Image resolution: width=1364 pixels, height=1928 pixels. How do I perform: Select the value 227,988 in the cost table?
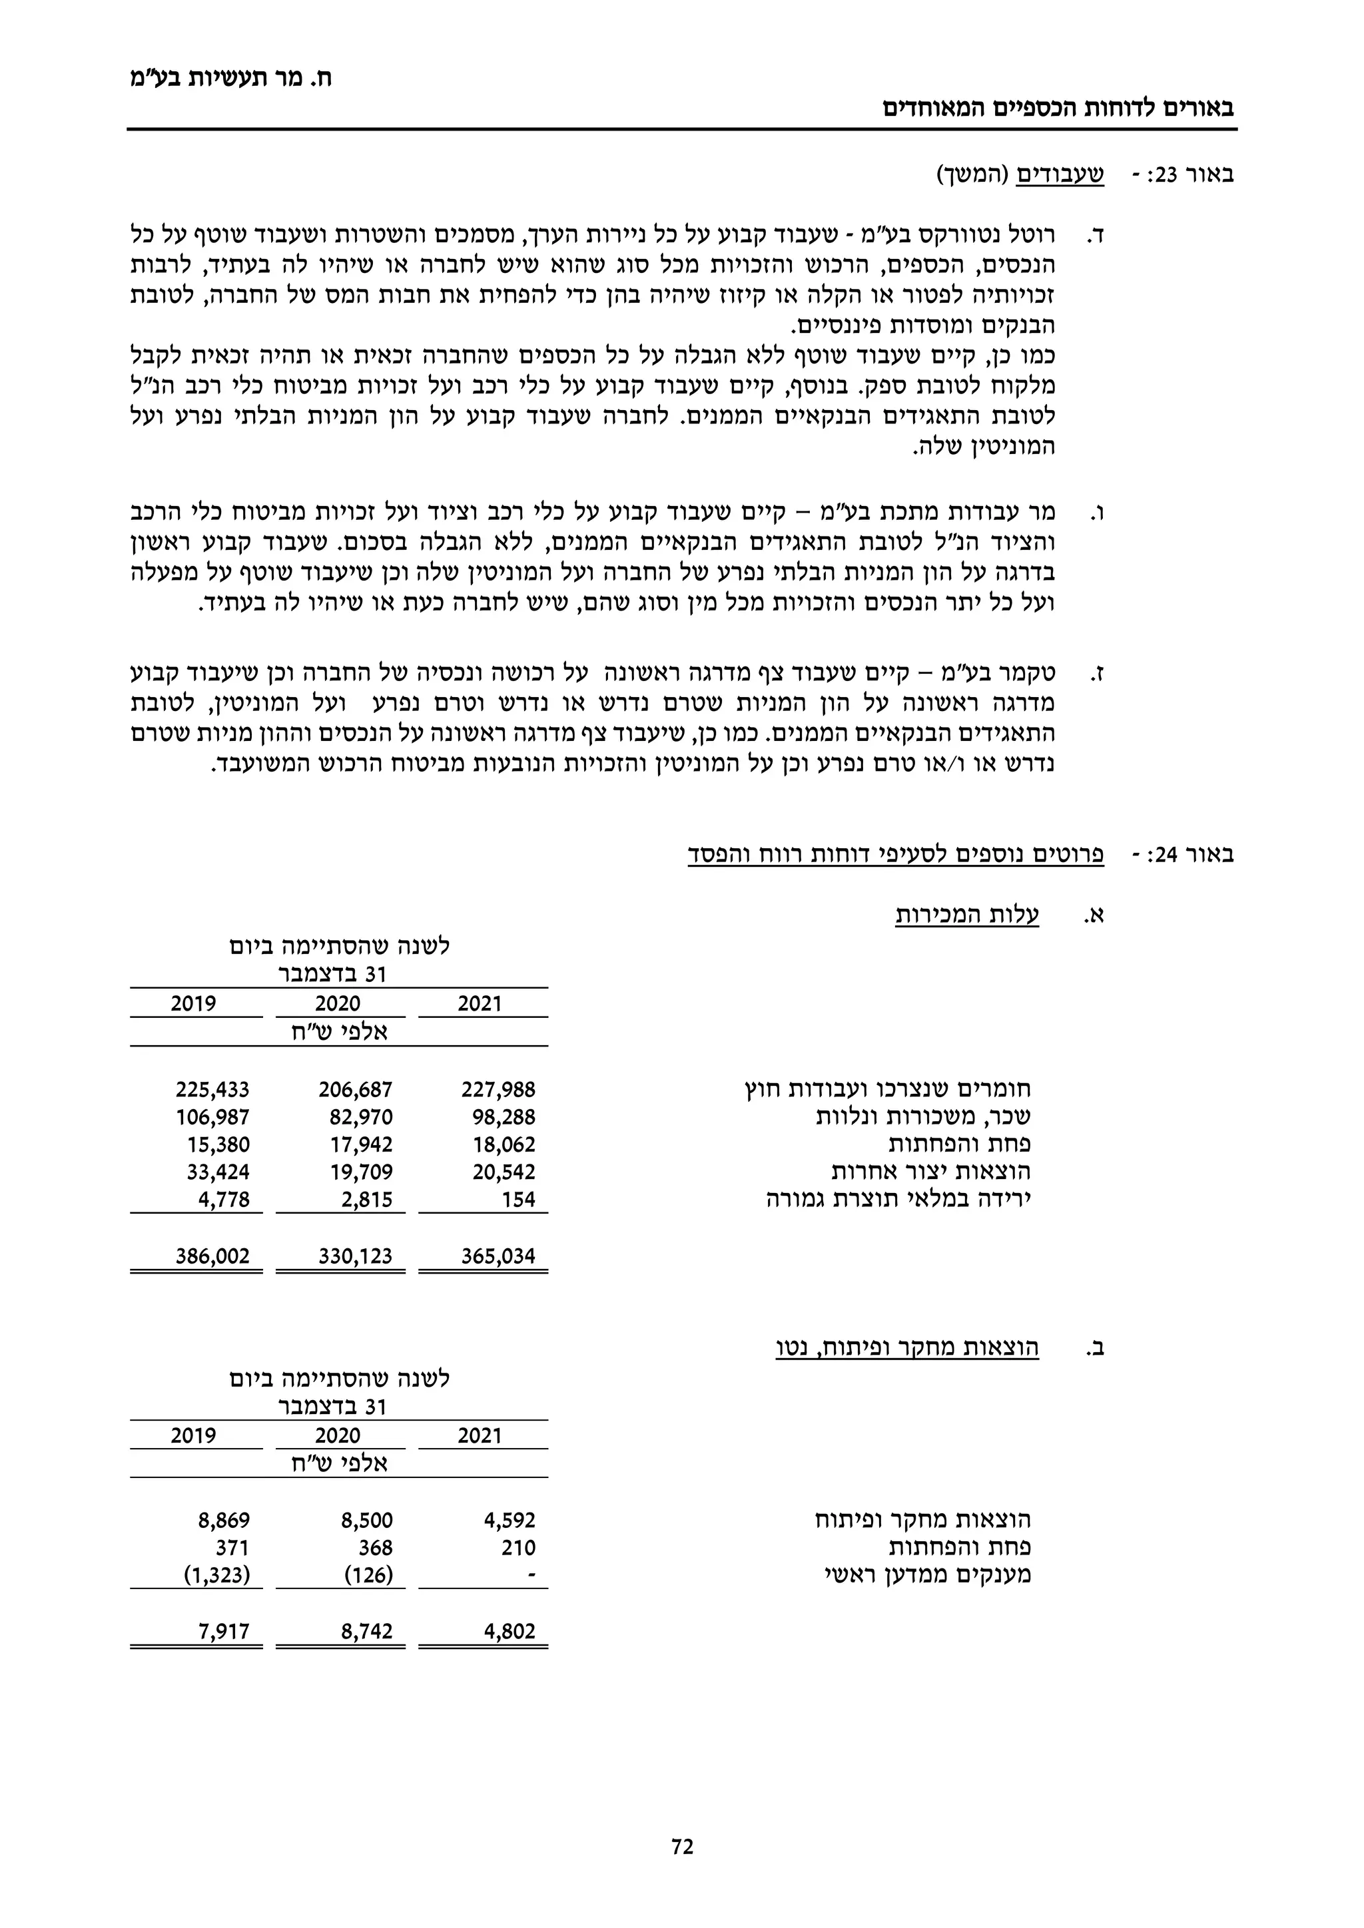(x=498, y=1090)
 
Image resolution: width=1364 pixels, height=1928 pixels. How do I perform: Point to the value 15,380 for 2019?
(x=218, y=1144)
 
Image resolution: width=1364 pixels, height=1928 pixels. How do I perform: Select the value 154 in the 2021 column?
(x=518, y=1199)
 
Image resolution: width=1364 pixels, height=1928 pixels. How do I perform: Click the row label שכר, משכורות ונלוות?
(x=923, y=1118)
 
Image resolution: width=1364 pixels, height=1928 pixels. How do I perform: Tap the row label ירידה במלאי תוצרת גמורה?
(x=898, y=1199)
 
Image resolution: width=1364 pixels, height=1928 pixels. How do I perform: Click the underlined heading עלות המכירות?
(x=967, y=915)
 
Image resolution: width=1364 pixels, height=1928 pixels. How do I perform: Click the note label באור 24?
(x=1188, y=855)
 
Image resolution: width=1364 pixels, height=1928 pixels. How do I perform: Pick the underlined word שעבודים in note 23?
(x=1061, y=176)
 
